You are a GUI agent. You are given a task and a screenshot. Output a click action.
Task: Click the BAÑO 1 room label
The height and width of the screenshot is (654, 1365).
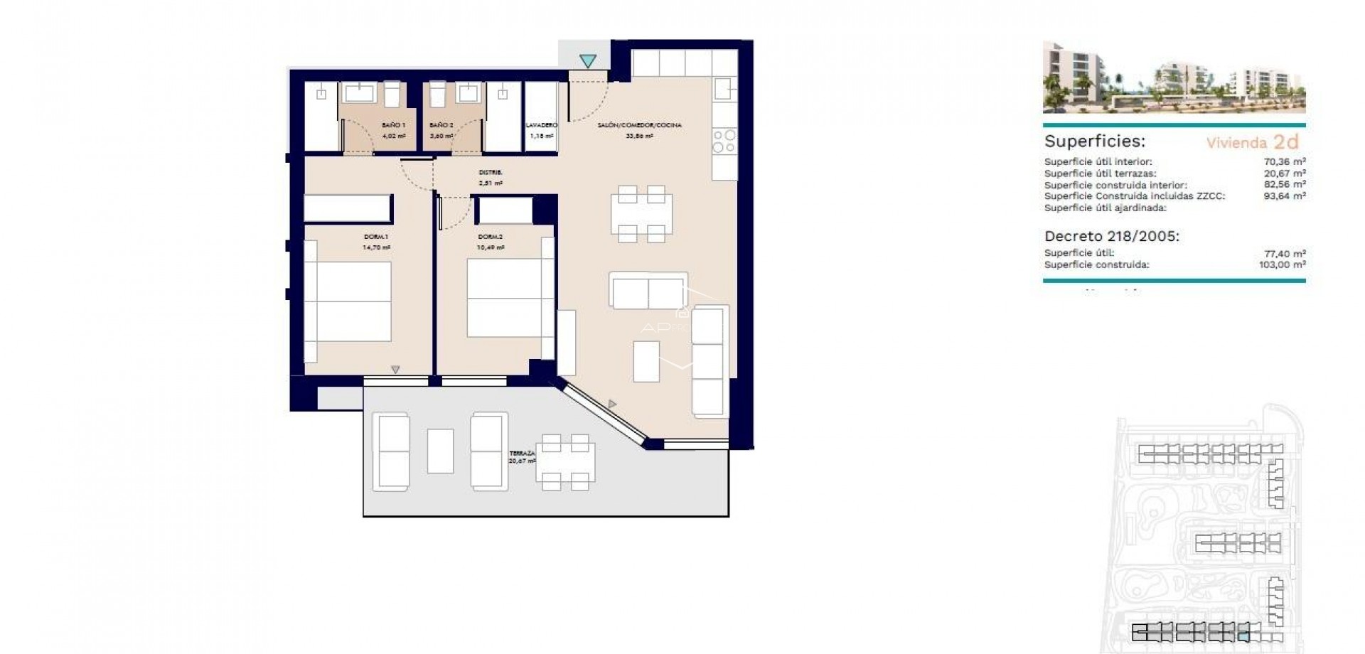393,125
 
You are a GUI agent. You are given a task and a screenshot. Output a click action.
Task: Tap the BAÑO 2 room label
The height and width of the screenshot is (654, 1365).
441,125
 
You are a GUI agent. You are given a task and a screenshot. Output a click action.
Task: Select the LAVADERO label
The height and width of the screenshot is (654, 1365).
541,125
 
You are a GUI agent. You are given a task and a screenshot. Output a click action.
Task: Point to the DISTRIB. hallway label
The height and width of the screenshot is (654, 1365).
491,173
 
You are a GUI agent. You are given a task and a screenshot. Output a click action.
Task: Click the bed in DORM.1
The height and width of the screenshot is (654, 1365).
353,301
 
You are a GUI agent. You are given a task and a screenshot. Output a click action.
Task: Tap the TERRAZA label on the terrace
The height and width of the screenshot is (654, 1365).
522,454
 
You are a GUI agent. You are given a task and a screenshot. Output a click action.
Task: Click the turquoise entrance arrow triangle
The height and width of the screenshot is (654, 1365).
587,61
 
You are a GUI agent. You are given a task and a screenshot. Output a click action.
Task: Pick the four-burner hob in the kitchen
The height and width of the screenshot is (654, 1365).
724,141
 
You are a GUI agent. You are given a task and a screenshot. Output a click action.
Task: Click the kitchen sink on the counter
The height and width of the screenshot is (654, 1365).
723,89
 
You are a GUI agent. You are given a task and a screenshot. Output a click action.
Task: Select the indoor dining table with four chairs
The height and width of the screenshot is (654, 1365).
641,214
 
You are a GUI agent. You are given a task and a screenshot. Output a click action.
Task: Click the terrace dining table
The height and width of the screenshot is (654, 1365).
565,463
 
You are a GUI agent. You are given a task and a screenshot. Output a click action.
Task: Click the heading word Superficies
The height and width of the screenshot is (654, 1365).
1094,141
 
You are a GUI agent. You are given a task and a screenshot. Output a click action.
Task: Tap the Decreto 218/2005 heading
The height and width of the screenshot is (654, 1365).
1111,236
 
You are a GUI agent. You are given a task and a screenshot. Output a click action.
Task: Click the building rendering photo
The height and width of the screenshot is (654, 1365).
1174,77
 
